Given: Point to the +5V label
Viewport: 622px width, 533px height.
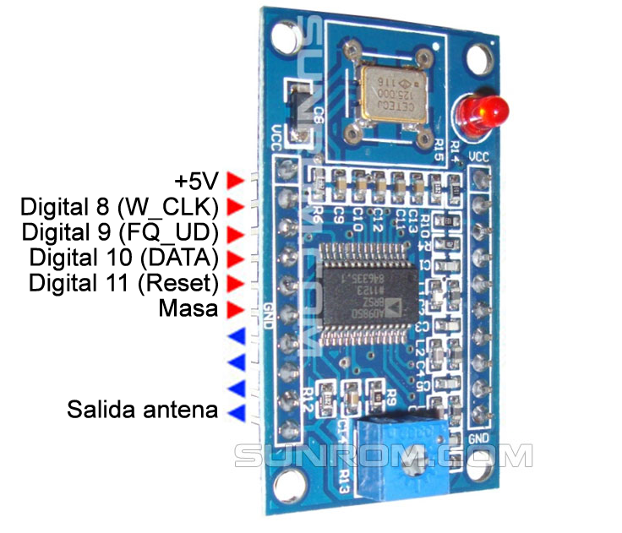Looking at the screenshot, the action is pyautogui.click(x=195, y=181).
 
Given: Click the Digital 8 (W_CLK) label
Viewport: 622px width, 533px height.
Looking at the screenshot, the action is pyautogui.click(x=120, y=206).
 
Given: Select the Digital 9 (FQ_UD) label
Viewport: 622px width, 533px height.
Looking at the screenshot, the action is pyautogui.click(x=120, y=231).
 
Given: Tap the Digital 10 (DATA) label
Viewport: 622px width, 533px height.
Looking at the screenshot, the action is pyautogui.click(x=123, y=257).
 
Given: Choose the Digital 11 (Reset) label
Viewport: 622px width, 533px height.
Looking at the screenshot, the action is pyautogui.click(x=123, y=282).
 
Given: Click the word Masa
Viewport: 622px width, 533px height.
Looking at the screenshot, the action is pyautogui.click(x=188, y=309).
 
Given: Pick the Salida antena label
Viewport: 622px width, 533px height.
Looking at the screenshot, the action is pyautogui.click(x=142, y=411).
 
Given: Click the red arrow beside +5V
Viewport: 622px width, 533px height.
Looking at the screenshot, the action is pyautogui.click(x=236, y=181).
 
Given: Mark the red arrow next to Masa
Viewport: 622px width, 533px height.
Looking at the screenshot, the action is pyautogui.click(x=236, y=309).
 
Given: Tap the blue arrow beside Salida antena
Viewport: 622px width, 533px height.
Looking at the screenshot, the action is pyautogui.click(x=236, y=412).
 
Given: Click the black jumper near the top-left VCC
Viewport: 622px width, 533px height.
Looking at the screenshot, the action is pyautogui.click(x=296, y=110).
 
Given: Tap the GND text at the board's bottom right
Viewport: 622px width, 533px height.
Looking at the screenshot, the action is pyautogui.click(x=477, y=439).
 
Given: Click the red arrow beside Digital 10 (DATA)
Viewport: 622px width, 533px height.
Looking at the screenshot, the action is pyautogui.click(x=236, y=257).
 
